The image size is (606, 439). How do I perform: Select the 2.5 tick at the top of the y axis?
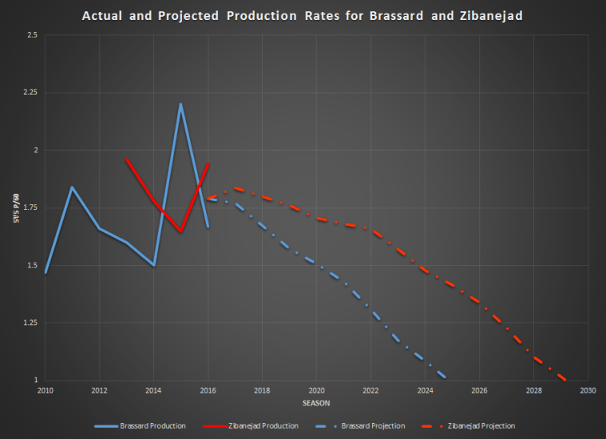click(x=32, y=35)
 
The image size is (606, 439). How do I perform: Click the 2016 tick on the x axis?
click(x=208, y=390)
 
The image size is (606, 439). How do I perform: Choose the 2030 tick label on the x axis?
click(x=588, y=390)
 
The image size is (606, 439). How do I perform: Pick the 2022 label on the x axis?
click(x=370, y=390)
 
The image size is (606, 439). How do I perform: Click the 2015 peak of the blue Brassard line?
click(x=180, y=104)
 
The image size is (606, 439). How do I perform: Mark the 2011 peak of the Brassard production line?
click(x=72, y=187)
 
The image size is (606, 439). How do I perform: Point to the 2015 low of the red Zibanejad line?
click(x=180, y=231)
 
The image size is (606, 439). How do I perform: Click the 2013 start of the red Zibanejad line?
click(x=126, y=159)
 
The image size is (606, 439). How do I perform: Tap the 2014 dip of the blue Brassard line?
click(x=153, y=265)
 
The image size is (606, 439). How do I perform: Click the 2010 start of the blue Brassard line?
click(x=45, y=273)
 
